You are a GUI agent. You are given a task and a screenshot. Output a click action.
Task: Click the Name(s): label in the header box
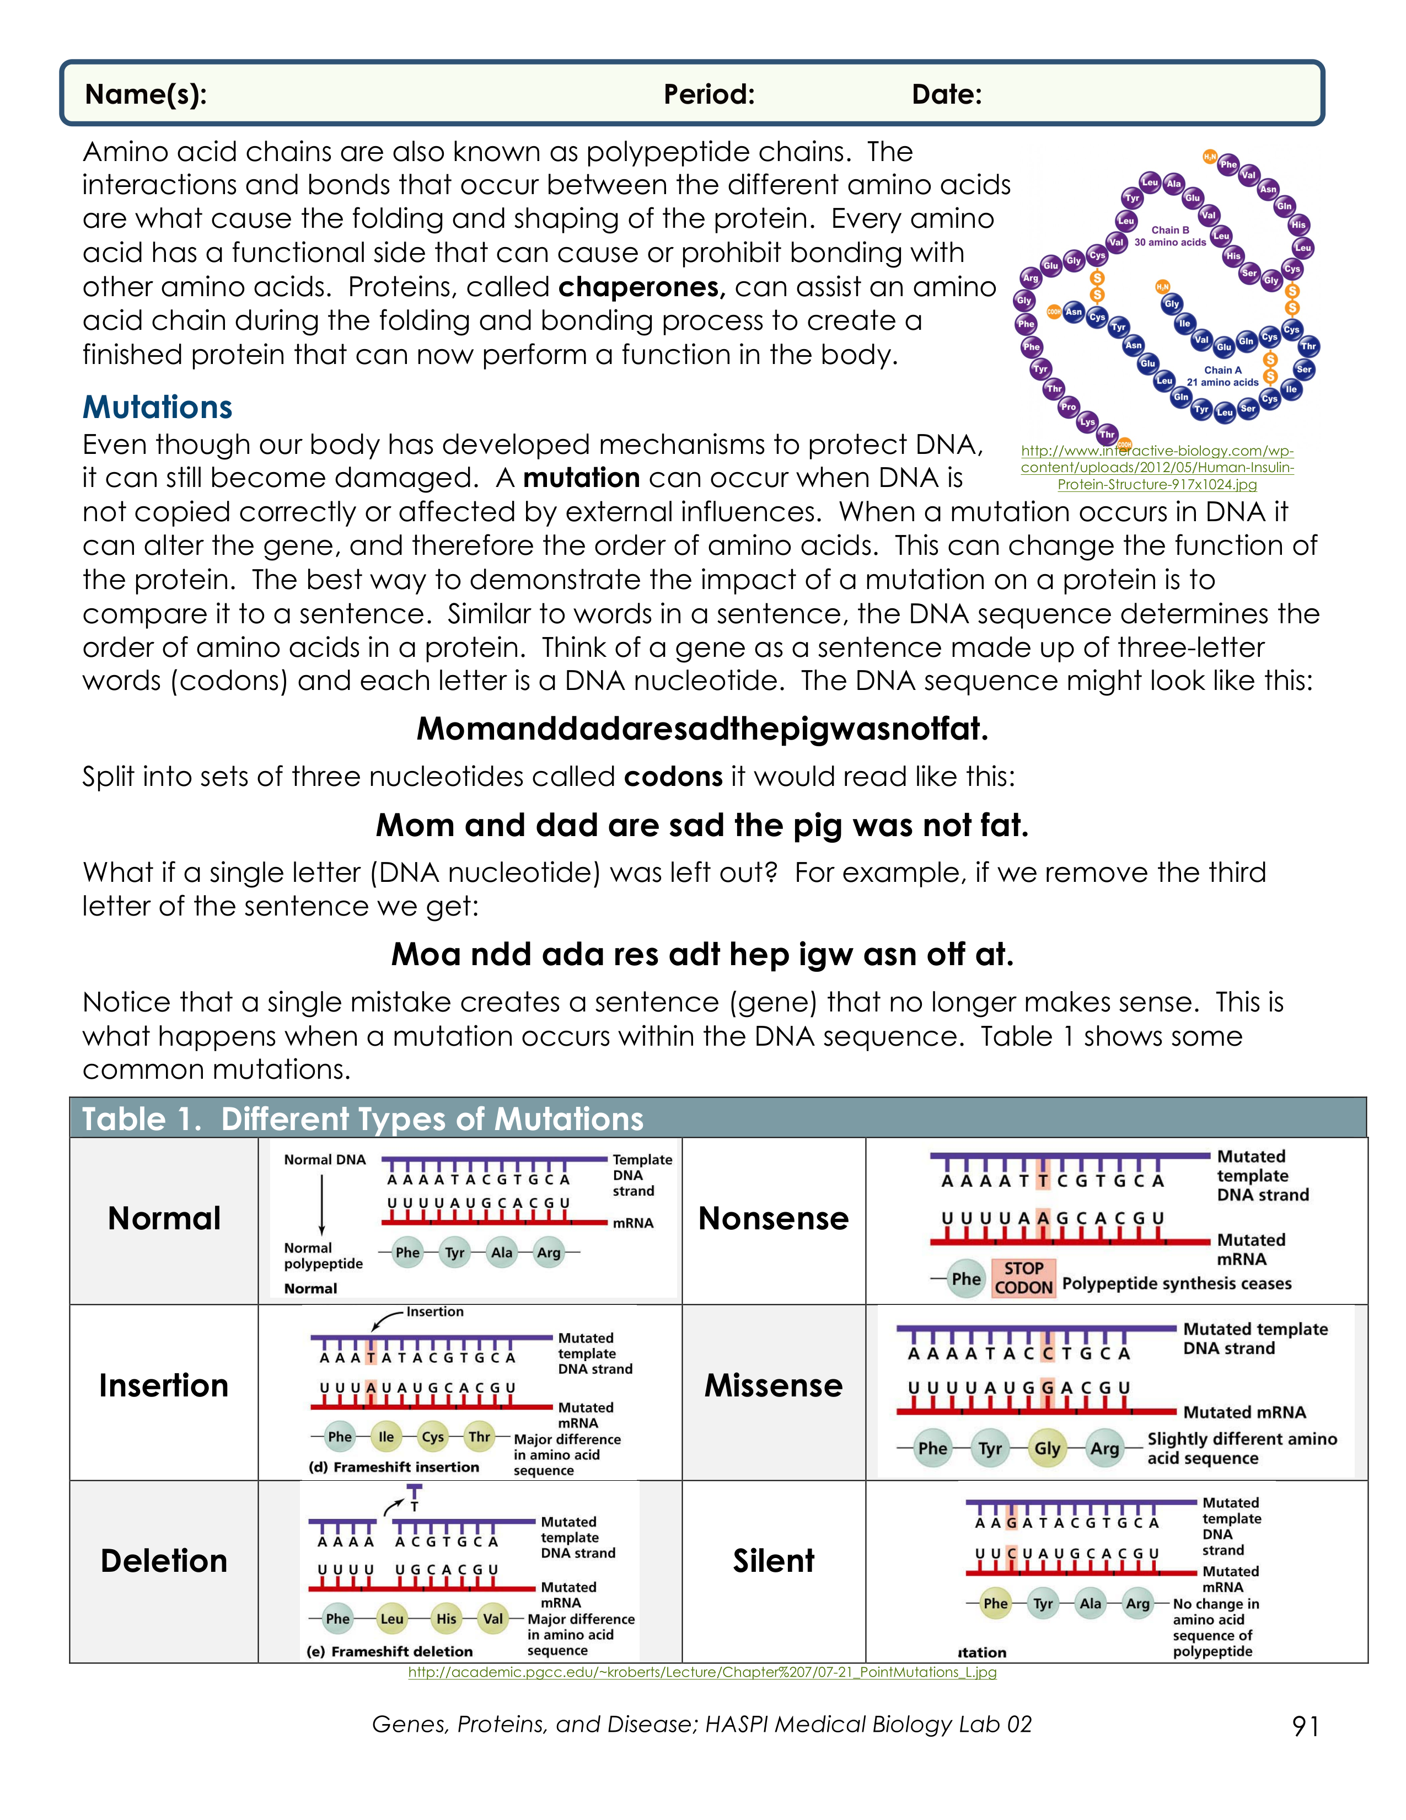146,94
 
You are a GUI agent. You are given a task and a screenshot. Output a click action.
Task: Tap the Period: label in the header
709,94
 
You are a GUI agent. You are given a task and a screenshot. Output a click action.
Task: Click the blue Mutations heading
158,406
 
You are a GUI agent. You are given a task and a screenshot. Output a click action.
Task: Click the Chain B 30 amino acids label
1169,236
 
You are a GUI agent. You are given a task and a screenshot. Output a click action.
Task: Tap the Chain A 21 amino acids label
1222,376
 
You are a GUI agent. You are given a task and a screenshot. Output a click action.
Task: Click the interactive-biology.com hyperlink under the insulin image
1157,468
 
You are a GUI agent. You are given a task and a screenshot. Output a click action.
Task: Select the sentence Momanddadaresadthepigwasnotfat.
702,729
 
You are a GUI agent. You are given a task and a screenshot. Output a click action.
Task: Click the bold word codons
673,777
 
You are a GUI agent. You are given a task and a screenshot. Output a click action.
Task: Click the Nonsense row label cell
773,1218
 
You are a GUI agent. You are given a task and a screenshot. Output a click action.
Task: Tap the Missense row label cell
773,1385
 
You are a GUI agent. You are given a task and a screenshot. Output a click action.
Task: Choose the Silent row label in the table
773,1560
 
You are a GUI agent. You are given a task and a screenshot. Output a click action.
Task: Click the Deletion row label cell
164,1560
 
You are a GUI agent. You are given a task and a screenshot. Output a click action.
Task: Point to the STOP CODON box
1024,1277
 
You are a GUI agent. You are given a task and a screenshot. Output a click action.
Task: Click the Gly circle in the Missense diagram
1047,1448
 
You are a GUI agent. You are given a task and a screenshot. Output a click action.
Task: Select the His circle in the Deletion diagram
447,1618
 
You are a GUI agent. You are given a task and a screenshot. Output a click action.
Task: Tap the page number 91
1305,1725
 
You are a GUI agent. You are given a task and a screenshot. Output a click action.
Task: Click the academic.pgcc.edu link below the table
702,1673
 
